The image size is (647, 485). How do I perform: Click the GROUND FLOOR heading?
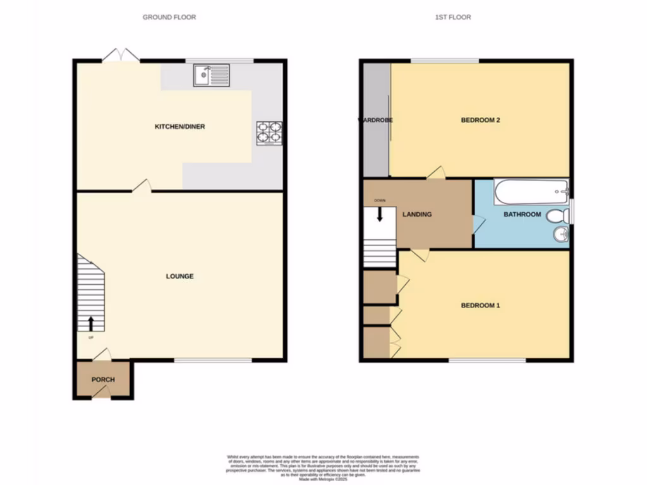click(x=169, y=17)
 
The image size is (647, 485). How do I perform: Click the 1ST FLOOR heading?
click(x=452, y=17)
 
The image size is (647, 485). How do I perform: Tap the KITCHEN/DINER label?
click(x=180, y=127)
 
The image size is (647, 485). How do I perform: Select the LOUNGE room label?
click(x=179, y=276)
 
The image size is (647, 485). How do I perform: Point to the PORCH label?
click(x=103, y=380)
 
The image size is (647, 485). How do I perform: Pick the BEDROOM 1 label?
click(x=480, y=306)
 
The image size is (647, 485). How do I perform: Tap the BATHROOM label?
click(x=522, y=215)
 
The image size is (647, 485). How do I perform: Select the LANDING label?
click(x=417, y=215)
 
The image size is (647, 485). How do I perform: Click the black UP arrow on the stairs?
click(x=90, y=323)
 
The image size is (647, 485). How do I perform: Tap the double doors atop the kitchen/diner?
click(x=121, y=56)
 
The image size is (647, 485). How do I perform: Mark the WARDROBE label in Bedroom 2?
click(x=376, y=120)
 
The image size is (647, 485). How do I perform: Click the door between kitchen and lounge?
click(x=142, y=186)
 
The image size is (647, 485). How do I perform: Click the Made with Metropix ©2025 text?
click(x=323, y=479)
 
